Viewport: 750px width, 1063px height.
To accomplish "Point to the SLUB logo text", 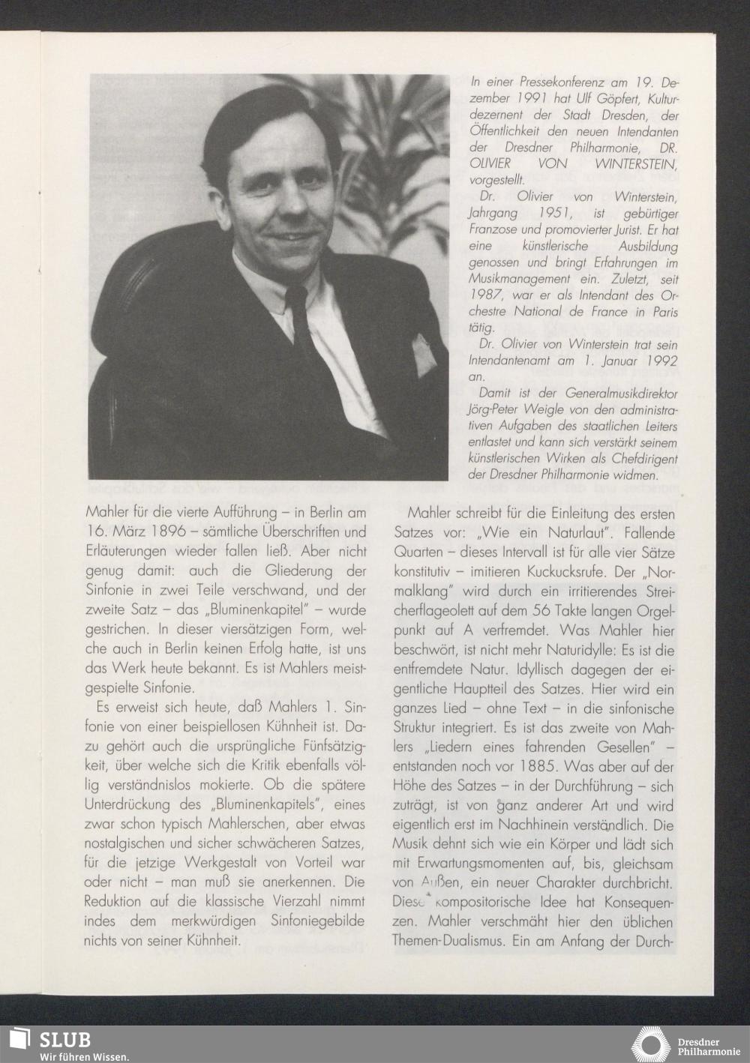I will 65,1039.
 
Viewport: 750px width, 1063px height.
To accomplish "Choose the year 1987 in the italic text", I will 487,295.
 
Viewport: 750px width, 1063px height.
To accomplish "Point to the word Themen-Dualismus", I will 448,942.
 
